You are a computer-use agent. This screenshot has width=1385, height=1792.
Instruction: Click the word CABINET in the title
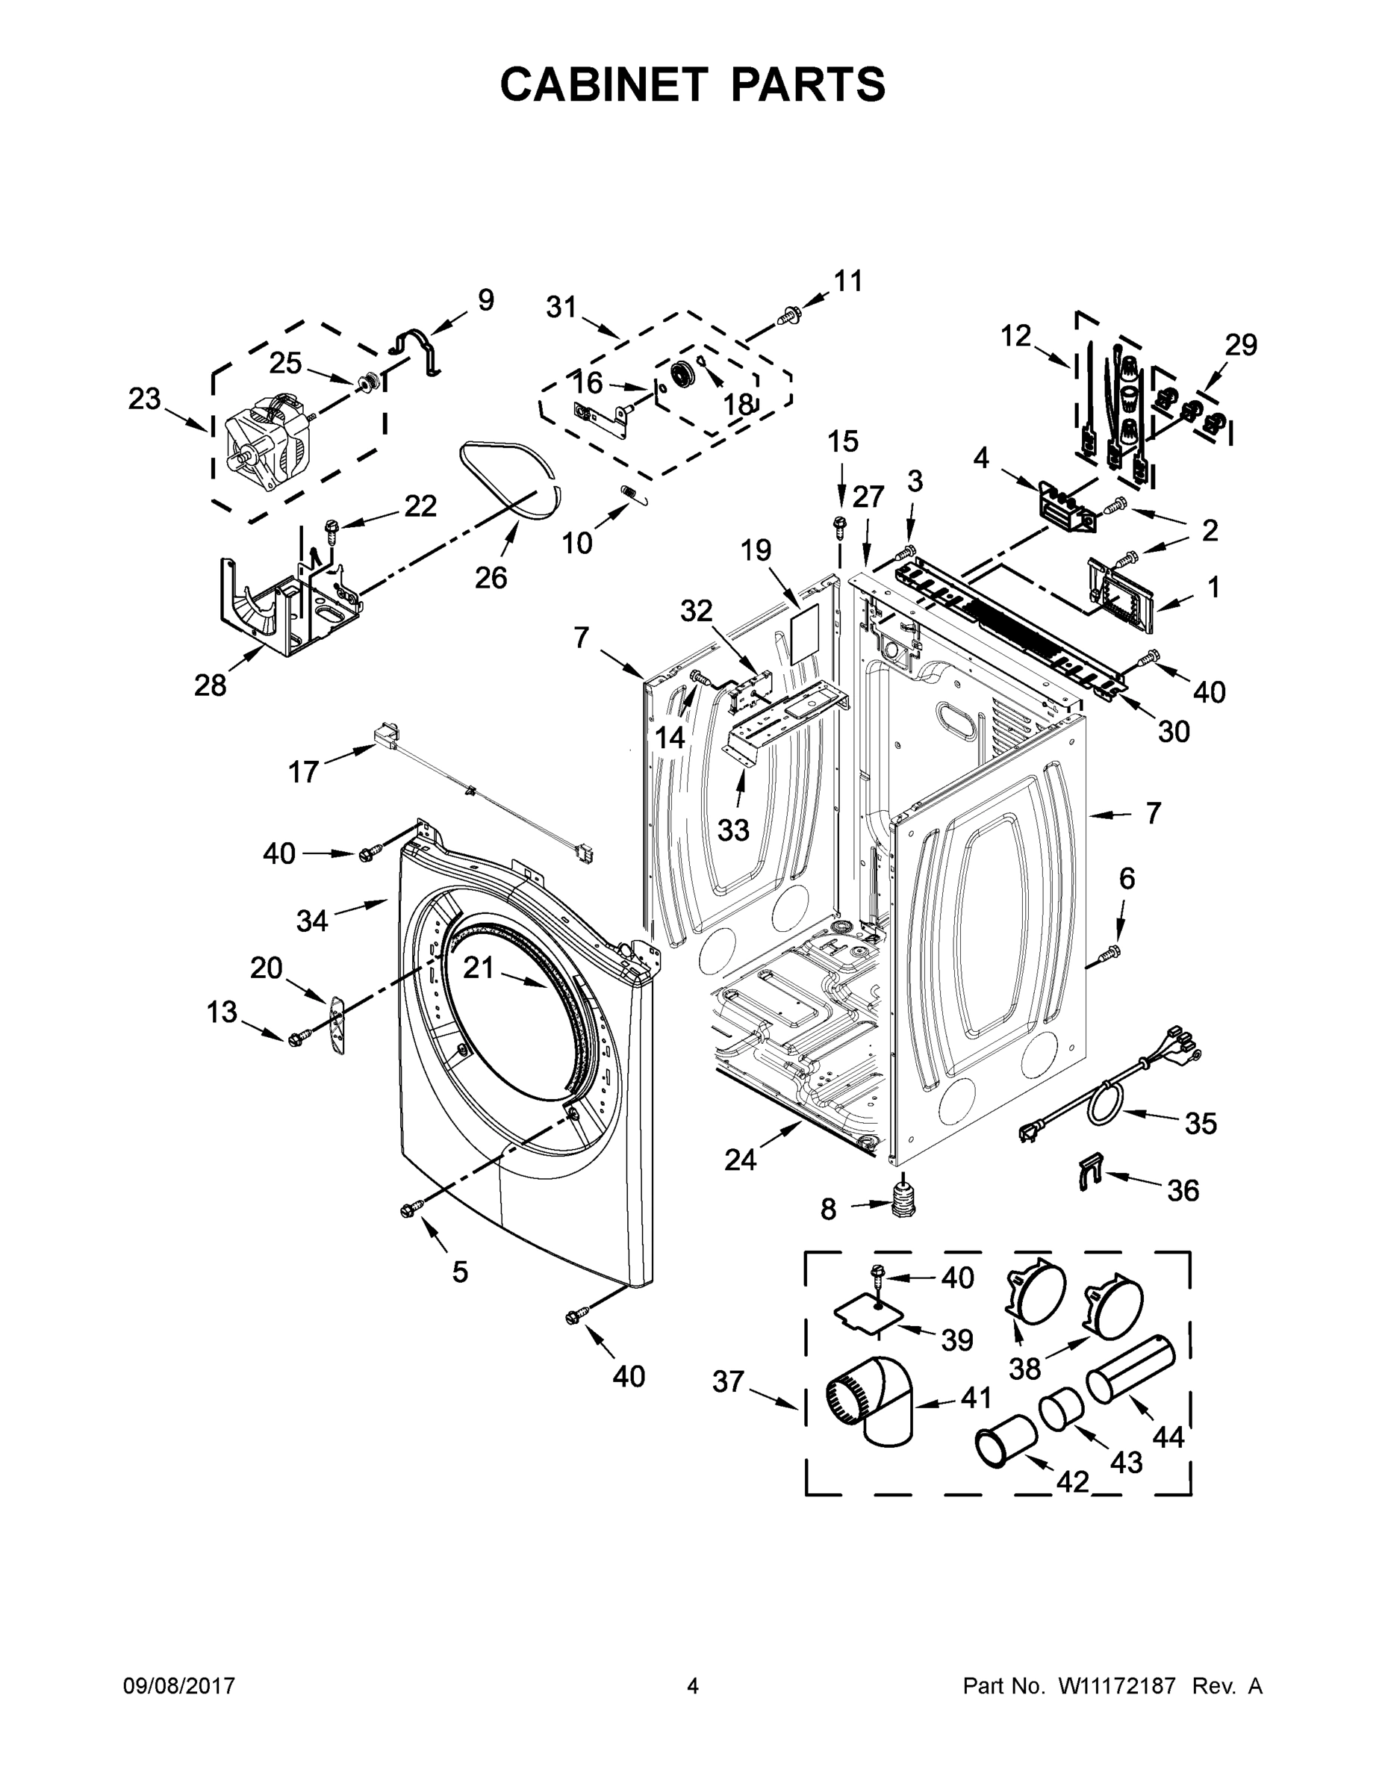[x=604, y=84]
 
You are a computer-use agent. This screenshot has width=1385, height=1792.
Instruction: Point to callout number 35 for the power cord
[x=1200, y=1123]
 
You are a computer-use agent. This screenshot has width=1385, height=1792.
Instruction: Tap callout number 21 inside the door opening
[x=479, y=968]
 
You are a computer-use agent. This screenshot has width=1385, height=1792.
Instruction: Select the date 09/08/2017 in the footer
[x=179, y=1685]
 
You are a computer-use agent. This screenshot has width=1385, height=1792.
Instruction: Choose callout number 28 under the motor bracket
[x=210, y=684]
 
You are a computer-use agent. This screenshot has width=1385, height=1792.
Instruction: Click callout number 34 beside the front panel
[x=312, y=921]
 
